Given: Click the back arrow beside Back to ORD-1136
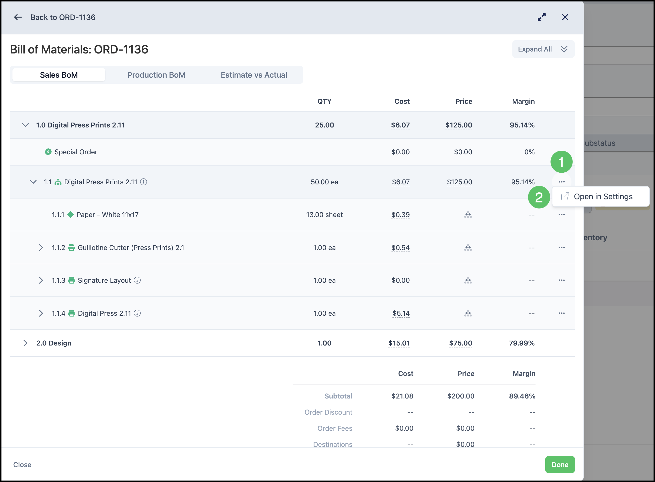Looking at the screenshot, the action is [18, 17].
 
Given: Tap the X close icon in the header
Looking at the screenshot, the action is [565, 17].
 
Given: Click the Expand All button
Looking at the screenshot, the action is [543, 49].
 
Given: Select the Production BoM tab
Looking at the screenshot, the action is [156, 75].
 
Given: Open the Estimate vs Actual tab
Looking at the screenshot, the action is [254, 75].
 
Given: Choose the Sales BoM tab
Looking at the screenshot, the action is [59, 75].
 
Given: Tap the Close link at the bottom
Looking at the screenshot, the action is [22, 464].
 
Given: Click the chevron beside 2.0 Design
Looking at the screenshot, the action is [25, 343].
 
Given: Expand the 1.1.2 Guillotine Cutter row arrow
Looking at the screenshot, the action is [41, 248].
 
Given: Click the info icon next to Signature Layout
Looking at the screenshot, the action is [137, 280].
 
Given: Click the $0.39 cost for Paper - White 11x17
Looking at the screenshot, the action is [400, 215].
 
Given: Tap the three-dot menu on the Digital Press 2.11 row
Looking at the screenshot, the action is [562, 313].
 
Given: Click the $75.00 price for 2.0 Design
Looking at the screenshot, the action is [460, 343].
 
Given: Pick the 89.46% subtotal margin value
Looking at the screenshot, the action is [522, 396].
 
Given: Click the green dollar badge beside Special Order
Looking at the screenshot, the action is [48, 152].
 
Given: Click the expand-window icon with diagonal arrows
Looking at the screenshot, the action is [541, 17].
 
